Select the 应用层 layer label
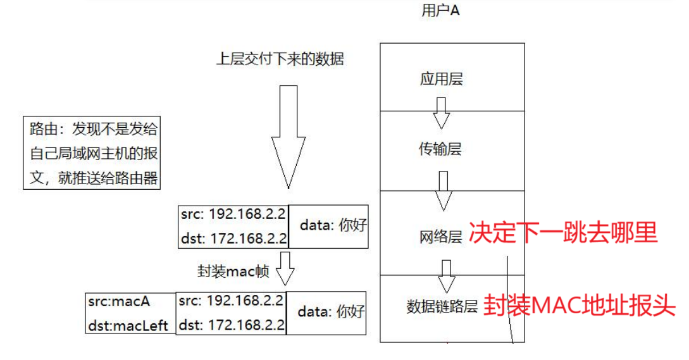coord(441,80)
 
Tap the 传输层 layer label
coord(440,149)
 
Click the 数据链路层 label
coord(442,307)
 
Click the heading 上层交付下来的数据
coord(280,59)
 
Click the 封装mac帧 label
coord(233,272)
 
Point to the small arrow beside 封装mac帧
coord(286,270)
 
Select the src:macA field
coord(120,302)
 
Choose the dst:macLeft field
coord(128,325)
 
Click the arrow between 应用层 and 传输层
coord(441,112)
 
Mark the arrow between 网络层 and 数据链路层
coord(447,275)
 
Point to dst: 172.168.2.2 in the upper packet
coord(233,239)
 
